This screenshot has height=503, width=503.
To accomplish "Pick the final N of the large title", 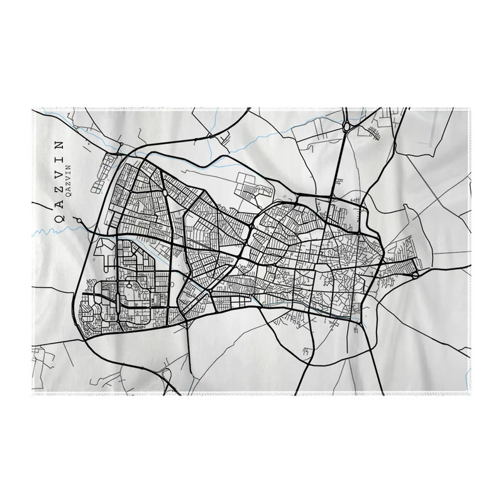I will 59,144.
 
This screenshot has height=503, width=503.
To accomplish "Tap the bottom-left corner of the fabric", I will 33,396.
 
